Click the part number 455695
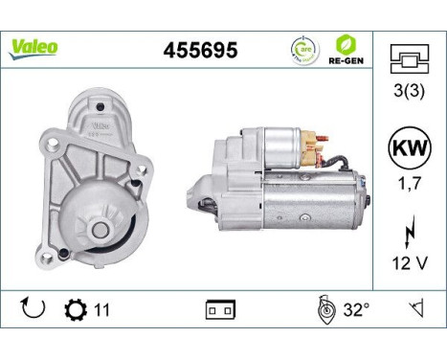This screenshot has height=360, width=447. (201, 50)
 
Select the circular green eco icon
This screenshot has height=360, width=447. (305, 49)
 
